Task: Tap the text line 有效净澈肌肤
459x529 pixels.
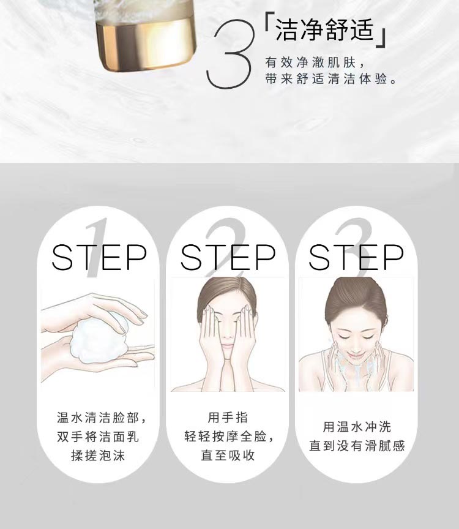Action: coord(315,63)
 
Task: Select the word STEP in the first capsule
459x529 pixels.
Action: coord(99,257)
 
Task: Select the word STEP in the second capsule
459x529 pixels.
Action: coord(228,257)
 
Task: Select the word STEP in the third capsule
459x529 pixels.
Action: coord(356,257)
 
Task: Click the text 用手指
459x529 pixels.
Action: coord(228,418)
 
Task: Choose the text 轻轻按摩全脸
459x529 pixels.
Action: coord(228,437)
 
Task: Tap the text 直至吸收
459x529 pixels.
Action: coord(228,456)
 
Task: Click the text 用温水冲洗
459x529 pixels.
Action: coord(356,427)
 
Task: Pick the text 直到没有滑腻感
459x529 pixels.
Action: coord(356,446)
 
